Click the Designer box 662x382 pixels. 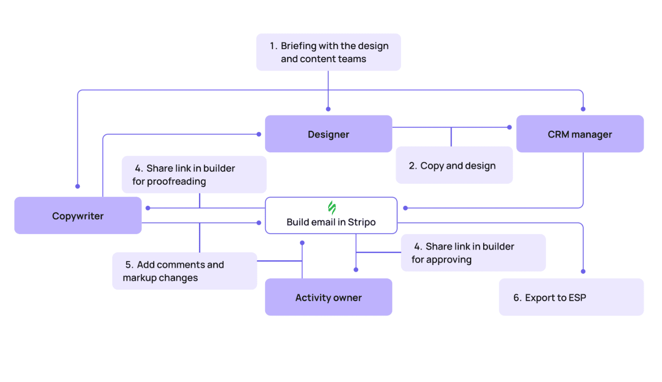tap(328, 134)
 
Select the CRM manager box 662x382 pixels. tap(579, 134)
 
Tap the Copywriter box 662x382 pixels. tap(78, 216)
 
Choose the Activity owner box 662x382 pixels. tap(328, 297)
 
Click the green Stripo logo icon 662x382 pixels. tap(331, 208)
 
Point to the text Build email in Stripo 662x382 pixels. tap(331, 222)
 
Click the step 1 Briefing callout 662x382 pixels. tap(328, 53)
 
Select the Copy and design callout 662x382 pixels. tap(454, 166)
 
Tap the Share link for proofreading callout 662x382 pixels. tap(194, 175)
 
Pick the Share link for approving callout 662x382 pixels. tap(473, 253)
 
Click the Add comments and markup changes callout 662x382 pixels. tap(184, 271)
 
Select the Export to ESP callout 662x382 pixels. tap(571, 297)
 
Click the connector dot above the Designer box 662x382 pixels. tap(328, 109)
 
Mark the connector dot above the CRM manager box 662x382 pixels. tap(583, 109)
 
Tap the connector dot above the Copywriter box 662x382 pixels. tap(78, 186)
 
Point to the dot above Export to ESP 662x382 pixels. tap(583, 271)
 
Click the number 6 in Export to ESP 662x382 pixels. tap(517, 298)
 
